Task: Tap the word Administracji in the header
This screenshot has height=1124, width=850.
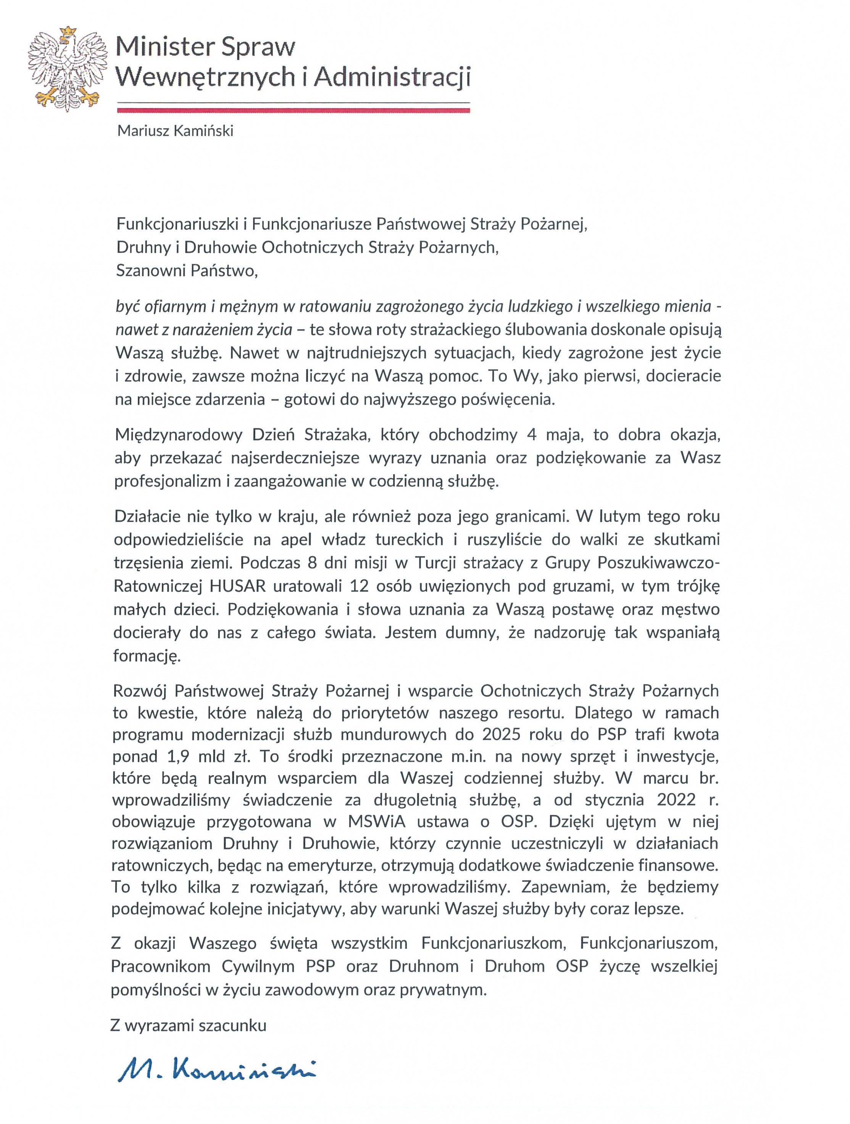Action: point(392,77)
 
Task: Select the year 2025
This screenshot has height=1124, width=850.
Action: point(504,735)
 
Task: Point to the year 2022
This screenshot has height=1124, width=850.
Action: point(676,800)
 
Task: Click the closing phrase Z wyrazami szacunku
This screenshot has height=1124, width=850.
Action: point(189,1026)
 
